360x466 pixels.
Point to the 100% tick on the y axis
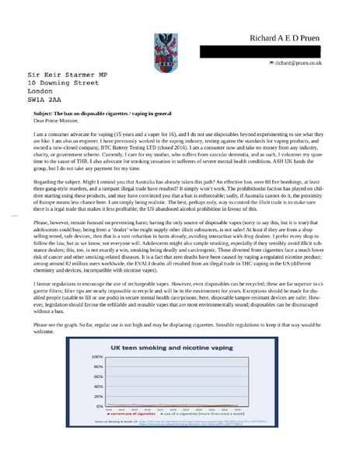(100, 356)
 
